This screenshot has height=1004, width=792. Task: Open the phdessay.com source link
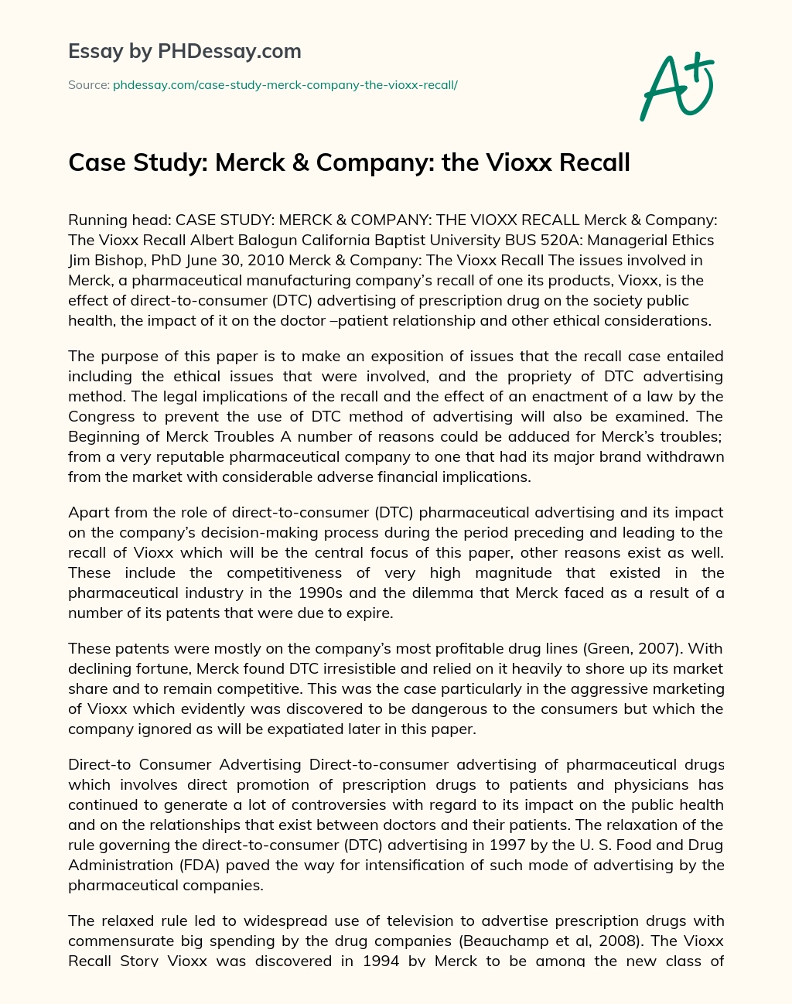pos(285,84)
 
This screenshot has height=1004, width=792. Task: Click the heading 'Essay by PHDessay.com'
pos(184,52)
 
